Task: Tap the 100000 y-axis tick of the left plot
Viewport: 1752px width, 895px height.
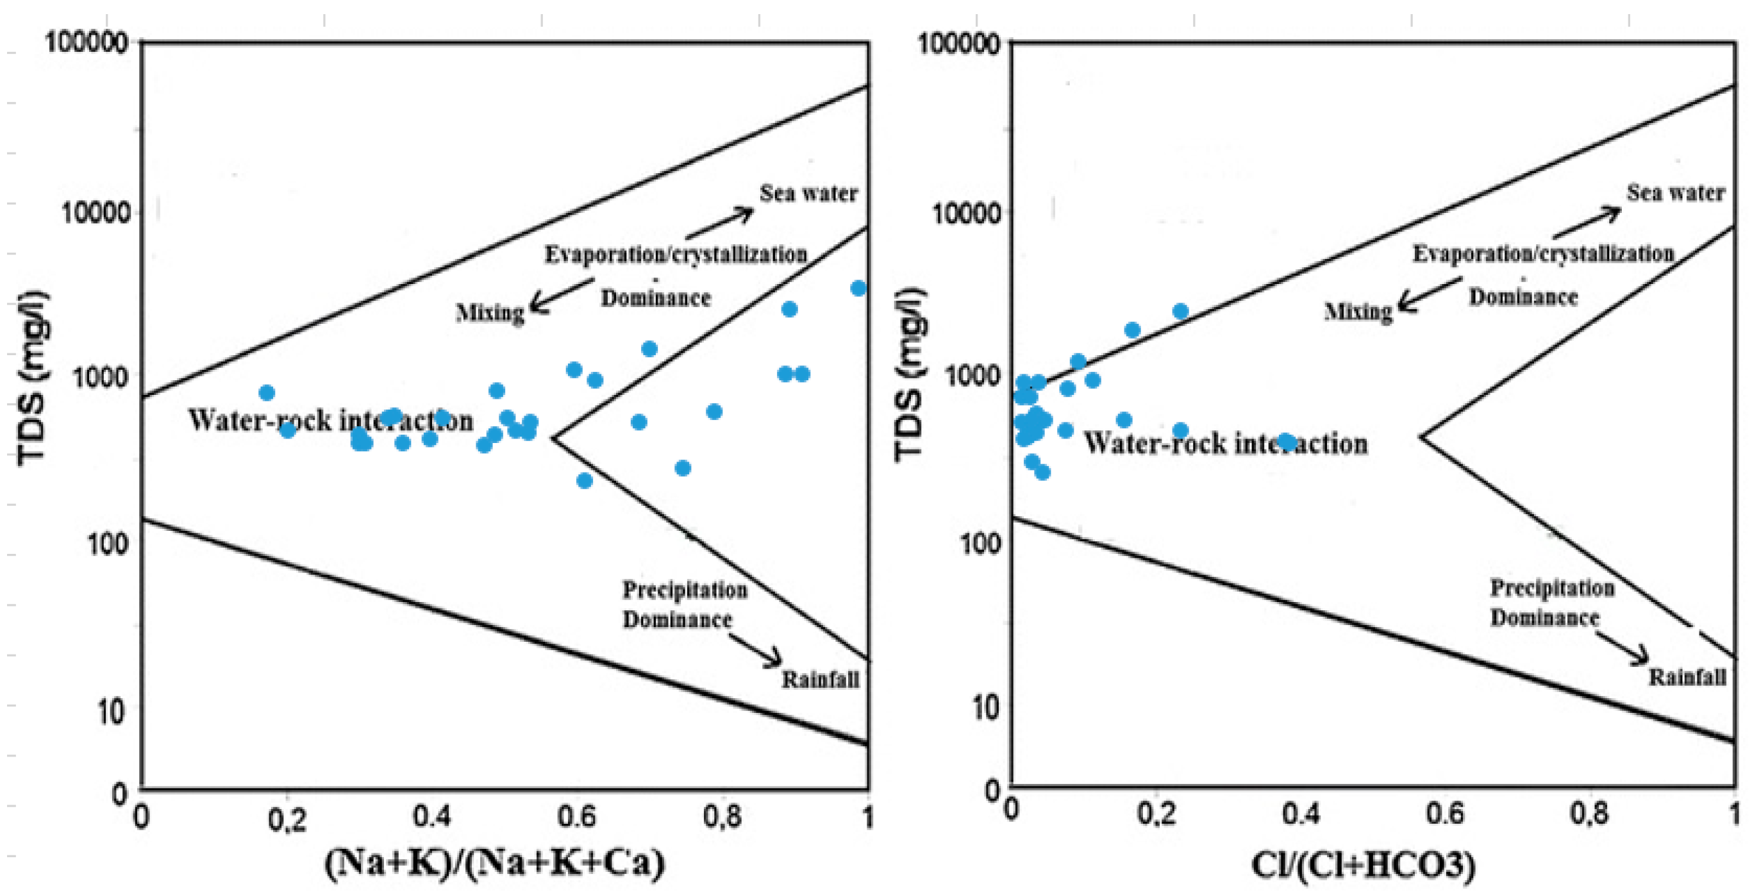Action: click(x=87, y=44)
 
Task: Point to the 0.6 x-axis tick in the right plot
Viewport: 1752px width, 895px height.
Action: click(x=1446, y=814)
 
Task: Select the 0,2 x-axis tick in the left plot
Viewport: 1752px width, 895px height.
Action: click(x=287, y=819)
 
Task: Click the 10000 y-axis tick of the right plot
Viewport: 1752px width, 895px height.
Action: click(x=966, y=213)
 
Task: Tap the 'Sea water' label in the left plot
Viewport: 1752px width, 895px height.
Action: click(x=808, y=194)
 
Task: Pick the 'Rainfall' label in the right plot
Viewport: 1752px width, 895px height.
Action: click(x=1687, y=676)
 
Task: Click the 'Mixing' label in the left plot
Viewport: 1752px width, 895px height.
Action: click(x=490, y=313)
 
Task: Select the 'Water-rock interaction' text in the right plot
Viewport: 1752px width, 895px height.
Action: click(x=1226, y=444)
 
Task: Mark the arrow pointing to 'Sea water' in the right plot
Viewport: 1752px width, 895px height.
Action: click(x=1587, y=222)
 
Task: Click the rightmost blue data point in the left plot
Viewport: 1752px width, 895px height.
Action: click(x=858, y=289)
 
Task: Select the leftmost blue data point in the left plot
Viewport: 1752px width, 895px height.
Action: click(x=267, y=392)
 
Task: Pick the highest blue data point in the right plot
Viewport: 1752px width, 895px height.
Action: click(x=1180, y=312)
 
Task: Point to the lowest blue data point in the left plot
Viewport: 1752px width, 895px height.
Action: click(x=584, y=481)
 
